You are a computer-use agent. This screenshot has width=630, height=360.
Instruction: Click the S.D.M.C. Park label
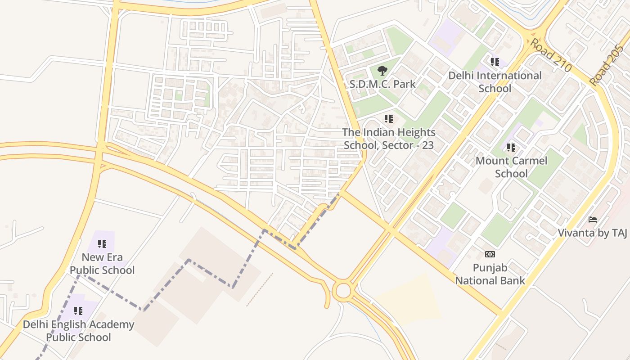tap(383, 84)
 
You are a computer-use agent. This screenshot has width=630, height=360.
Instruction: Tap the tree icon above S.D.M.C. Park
tap(382, 71)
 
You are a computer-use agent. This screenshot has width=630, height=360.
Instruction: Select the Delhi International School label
tap(495, 82)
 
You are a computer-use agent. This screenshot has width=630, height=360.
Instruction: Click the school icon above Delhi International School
tap(495, 62)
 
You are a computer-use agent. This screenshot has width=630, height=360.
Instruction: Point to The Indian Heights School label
tap(389, 139)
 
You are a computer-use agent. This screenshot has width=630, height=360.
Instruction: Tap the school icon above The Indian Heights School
tap(389, 119)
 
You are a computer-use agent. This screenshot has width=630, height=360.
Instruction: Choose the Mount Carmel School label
tap(511, 167)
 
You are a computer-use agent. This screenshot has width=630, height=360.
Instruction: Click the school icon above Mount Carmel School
tap(511, 147)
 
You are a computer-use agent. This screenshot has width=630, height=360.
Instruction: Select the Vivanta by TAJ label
tap(592, 233)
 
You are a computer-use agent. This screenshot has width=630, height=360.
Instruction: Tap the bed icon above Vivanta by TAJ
tap(593, 220)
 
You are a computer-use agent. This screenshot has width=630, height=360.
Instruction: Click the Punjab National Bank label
tap(490, 274)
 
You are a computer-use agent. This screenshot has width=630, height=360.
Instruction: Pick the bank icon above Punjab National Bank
tap(490, 254)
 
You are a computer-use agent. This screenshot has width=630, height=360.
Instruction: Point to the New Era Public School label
tap(102, 264)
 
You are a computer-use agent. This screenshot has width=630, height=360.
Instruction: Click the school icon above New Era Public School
tap(102, 244)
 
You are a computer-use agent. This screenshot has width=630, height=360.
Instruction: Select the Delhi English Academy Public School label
tap(79, 331)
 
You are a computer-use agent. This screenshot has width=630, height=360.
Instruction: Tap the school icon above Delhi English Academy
tap(78, 310)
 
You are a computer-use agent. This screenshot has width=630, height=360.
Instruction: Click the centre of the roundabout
tap(343, 291)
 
